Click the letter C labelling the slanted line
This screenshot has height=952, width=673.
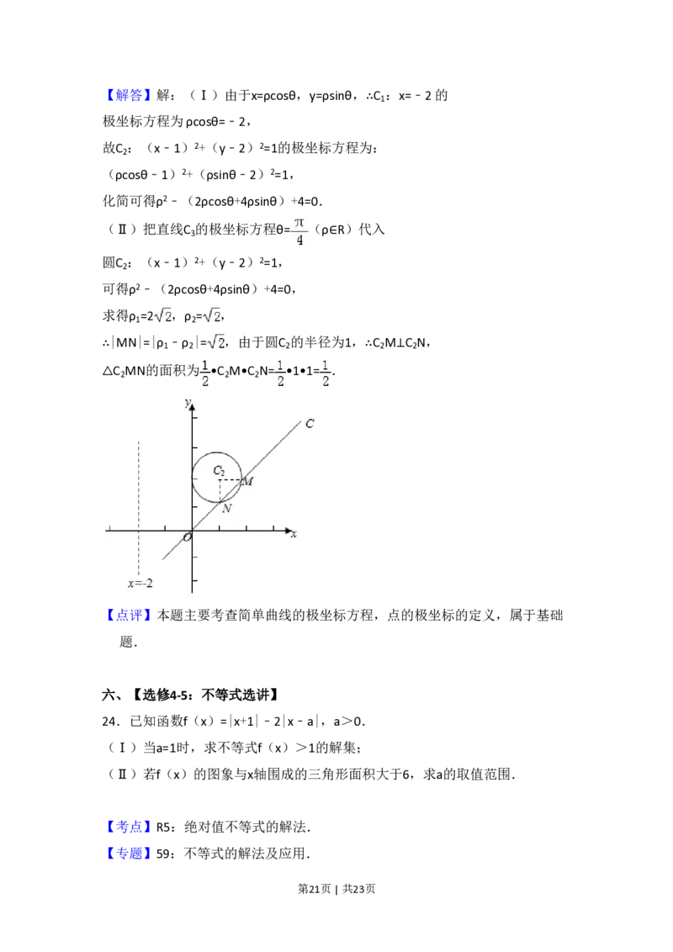pyautogui.click(x=310, y=424)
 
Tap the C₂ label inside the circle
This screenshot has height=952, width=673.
pyautogui.click(x=219, y=470)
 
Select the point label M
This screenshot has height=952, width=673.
pyautogui.click(x=247, y=481)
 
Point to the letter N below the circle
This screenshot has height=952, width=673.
pyautogui.click(x=226, y=508)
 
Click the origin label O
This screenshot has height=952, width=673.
pyautogui.click(x=187, y=537)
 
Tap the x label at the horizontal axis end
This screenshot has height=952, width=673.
pyautogui.click(x=294, y=534)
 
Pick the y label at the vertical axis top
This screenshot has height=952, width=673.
pyautogui.click(x=186, y=403)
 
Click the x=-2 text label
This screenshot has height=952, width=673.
pyautogui.click(x=140, y=583)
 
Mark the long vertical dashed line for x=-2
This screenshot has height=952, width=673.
pyautogui.click(x=138, y=505)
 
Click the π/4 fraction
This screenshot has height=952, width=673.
pyautogui.click(x=299, y=232)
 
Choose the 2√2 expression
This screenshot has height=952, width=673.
pyautogui.click(x=161, y=316)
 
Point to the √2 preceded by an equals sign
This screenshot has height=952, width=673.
pyautogui.click(x=216, y=341)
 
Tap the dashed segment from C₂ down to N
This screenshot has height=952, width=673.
pyautogui.click(x=219, y=491)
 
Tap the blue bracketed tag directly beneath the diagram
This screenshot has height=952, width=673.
pyautogui.click(x=130, y=616)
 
